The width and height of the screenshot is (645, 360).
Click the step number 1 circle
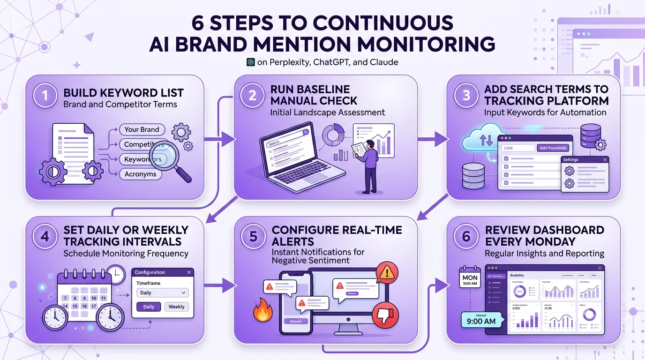pyautogui.click(x=45, y=96)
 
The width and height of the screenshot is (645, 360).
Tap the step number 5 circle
pyautogui.click(x=253, y=236)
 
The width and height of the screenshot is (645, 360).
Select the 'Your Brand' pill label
pyautogui.click(x=142, y=129)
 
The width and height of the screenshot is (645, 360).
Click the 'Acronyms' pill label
pyautogui.click(x=140, y=174)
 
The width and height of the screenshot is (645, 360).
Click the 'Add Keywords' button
pyautogui.click(x=553, y=148)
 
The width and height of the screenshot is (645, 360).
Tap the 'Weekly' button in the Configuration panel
pyautogui.click(x=176, y=307)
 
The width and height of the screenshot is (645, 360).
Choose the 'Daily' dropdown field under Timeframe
pyautogui.click(x=162, y=292)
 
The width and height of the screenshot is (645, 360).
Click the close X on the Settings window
pyautogui.click(x=605, y=160)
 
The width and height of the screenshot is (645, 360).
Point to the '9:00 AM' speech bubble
pyautogui.click(x=481, y=322)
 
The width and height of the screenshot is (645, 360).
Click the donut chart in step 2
pyautogui.click(x=333, y=135)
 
